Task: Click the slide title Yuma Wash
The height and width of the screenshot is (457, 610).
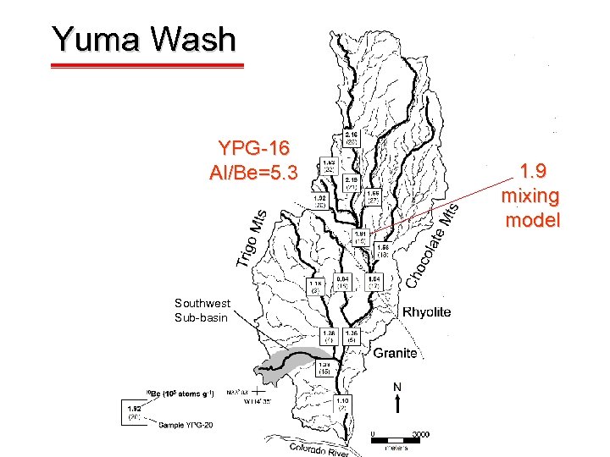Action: point(143,39)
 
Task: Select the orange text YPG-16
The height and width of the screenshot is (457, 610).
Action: point(253,150)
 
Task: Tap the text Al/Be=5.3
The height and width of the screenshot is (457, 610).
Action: point(253,173)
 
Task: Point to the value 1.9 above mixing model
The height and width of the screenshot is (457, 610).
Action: point(532,171)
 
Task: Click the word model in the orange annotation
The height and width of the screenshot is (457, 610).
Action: point(532,221)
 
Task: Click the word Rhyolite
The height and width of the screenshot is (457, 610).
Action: point(426,312)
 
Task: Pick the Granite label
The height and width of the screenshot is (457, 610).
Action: point(396,353)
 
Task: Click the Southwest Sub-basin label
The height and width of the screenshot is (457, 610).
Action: point(202,310)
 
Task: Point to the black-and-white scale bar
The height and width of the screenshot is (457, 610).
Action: point(399,440)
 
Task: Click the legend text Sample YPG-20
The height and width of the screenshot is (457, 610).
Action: point(186,425)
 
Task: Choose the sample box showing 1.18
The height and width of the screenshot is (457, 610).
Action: point(315,286)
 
